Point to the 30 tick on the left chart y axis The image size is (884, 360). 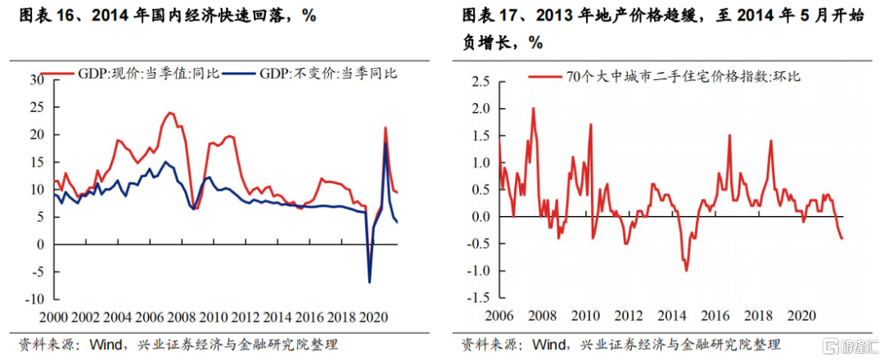tap(35, 80)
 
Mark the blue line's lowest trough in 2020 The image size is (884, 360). tap(369, 282)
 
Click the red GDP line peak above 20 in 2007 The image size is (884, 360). tap(170, 113)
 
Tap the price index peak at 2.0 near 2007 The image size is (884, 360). tap(533, 108)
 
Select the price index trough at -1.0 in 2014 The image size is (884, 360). tap(686, 271)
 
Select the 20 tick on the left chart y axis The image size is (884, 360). tap(35, 135)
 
